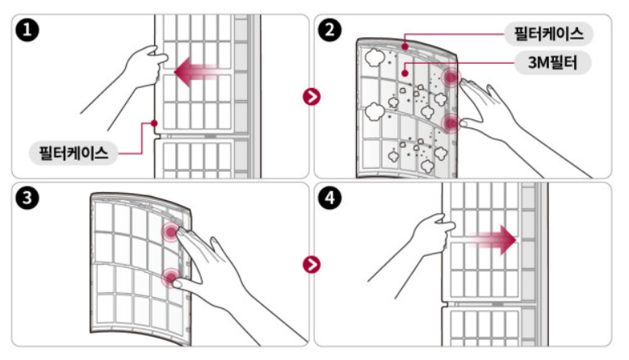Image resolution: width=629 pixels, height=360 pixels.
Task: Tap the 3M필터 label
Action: tap(552, 61)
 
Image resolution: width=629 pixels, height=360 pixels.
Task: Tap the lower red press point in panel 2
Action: tap(451, 123)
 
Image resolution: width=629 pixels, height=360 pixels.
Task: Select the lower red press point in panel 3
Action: tap(170, 278)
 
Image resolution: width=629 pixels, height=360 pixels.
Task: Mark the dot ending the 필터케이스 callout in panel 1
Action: tap(153, 123)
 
